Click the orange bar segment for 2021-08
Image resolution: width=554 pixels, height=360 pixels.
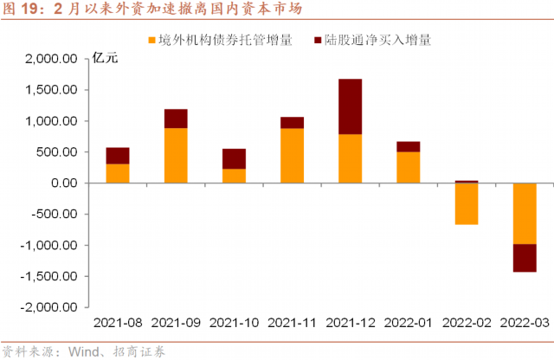(118, 173)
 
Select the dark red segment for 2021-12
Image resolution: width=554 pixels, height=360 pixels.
(350, 106)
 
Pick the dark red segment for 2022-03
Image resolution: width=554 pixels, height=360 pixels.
(524, 258)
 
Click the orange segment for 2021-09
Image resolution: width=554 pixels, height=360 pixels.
(176, 155)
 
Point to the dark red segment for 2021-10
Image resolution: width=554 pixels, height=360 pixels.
(234, 158)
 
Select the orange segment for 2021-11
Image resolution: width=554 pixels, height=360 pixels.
(292, 155)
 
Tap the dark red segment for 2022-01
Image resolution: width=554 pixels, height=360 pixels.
(408, 146)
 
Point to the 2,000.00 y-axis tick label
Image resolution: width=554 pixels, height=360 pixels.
(54, 59)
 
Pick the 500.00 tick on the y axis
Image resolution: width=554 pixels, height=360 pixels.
(59, 152)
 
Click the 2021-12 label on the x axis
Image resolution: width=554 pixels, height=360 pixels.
(350, 323)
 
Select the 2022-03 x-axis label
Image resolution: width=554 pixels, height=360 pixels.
(524, 323)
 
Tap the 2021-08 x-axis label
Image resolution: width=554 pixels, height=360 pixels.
(118, 323)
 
